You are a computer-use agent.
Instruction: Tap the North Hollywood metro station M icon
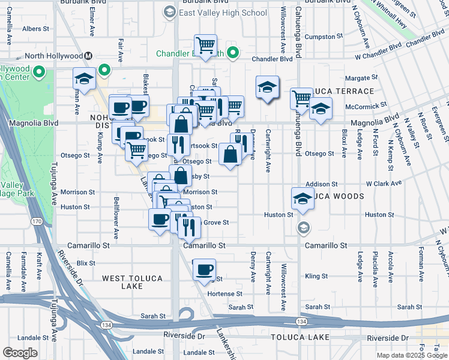tap(88, 56)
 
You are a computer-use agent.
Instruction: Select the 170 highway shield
tap(37, 222)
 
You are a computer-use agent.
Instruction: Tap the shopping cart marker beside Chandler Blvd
tap(205, 45)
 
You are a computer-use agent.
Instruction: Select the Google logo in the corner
tap(20, 353)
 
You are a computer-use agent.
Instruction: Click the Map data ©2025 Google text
tap(412, 355)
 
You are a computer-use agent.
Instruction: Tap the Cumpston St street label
tap(323, 37)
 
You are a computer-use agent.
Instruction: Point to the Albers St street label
tap(35, 28)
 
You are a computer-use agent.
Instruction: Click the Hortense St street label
tap(224, 294)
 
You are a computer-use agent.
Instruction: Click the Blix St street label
tap(86, 263)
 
